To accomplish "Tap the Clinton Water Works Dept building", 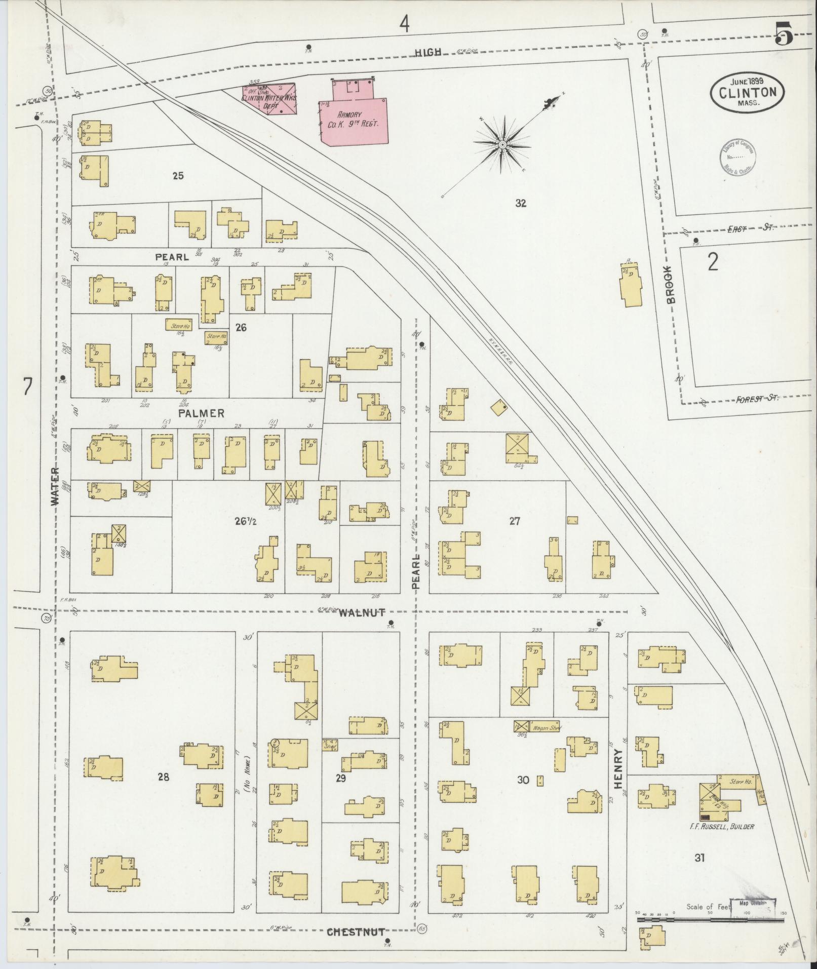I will coord(269,99).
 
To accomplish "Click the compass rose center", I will coord(502,145).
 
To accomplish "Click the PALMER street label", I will coord(201,414).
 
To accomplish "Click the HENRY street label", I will coord(618,775).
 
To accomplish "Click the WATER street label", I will coord(55,486).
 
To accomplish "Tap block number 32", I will coord(521,204).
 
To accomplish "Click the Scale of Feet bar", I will coord(709,918).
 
